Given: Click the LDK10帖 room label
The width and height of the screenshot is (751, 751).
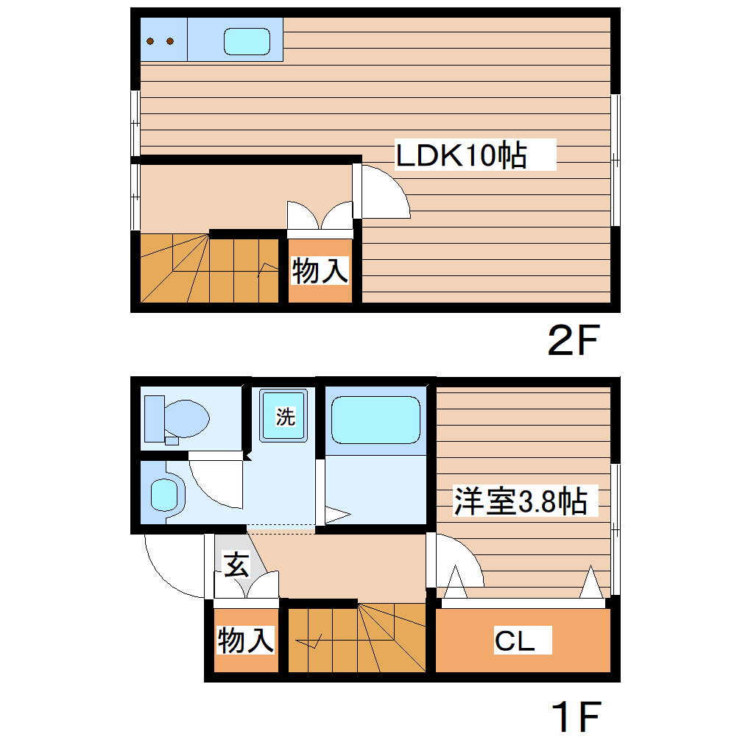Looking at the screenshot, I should click(x=462, y=155).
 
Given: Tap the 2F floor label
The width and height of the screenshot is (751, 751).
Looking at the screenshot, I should click(x=574, y=339).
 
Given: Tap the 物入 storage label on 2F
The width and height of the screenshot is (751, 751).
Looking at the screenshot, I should click(x=320, y=271).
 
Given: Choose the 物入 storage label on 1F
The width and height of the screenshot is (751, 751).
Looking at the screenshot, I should click(x=246, y=640).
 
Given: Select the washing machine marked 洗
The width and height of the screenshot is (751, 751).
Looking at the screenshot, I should click(x=285, y=417).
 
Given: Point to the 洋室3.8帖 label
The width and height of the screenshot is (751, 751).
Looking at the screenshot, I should click(x=520, y=501).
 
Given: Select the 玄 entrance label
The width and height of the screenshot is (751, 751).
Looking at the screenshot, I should click(x=236, y=565).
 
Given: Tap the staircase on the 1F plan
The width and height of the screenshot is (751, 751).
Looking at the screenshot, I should click(x=356, y=638).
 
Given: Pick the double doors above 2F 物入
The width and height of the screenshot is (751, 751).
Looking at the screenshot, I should click(x=320, y=217).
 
